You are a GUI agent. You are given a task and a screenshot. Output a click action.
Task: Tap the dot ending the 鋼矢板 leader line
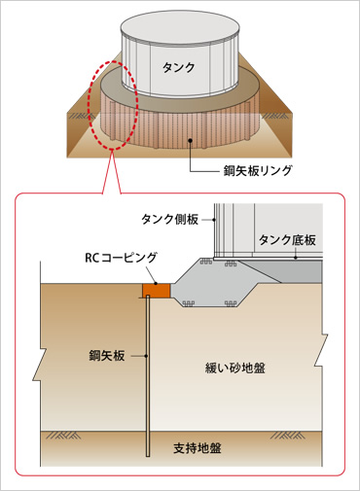pos(147,357)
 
